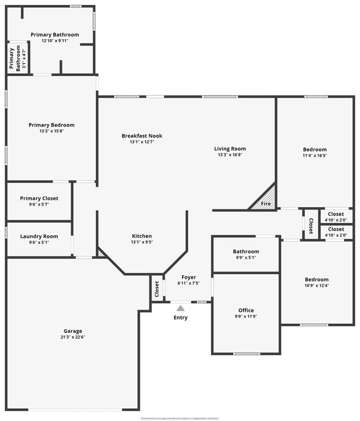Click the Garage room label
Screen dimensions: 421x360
click(73, 331)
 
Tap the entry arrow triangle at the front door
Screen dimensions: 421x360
click(181, 308)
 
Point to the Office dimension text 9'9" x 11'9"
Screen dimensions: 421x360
click(246, 316)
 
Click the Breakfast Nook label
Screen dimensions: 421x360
click(142, 136)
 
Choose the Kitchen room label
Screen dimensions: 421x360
click(142, 236)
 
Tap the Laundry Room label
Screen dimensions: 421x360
click(39, 237)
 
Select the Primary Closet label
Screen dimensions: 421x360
click(39, 198)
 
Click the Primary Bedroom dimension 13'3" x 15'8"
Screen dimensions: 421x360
click(52, 131)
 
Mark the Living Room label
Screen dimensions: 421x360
click(230, 148)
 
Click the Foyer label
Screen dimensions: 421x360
click(188, 277)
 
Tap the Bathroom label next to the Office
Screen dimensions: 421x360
click(246, 251)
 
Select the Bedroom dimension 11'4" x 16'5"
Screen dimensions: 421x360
click(315, 156)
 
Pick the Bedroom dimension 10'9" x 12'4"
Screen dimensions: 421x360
click(316, 286)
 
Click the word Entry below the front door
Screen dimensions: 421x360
click(181, 318)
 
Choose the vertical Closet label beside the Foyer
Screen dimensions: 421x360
click(157, 289)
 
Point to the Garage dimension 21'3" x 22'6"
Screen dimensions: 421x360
click(73, 337)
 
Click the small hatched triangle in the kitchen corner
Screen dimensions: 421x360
click(101, 253)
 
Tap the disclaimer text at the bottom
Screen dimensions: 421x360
click(180, 418)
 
